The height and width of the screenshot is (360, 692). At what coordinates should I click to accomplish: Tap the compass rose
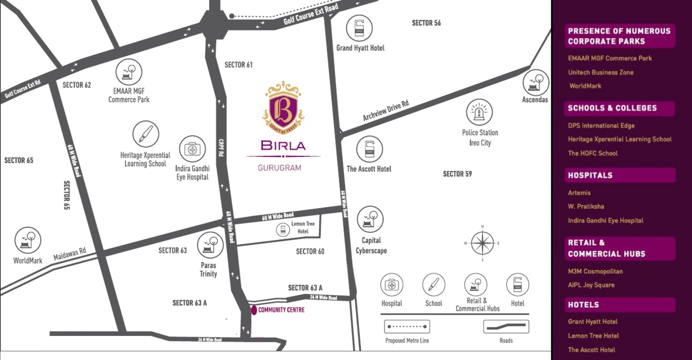click(x=482, y=243)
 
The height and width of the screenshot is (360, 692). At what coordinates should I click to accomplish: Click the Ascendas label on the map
click(x=535, y=100)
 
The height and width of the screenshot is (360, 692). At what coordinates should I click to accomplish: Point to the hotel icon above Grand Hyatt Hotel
click(x=359, y=28)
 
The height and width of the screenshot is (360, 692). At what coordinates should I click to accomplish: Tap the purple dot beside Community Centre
click(x=254, y=310)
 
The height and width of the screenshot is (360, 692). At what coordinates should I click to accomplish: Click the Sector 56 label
click(x=426, y=23)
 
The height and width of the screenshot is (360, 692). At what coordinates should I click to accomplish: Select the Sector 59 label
click(x=457, y=174)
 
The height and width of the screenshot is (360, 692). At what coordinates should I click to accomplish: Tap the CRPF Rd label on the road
click(x=221, y=148)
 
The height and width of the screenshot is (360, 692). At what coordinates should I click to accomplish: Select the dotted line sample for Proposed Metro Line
click(x=407, y=326)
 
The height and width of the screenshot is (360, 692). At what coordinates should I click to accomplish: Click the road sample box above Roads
click(x=506, y=326)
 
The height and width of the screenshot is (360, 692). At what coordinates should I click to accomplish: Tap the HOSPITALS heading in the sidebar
click(x=590, y=175)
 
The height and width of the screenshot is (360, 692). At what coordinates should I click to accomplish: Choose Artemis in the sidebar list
click(x=579, y=193)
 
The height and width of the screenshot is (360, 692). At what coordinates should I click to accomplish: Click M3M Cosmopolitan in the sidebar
click(x=595, y=271)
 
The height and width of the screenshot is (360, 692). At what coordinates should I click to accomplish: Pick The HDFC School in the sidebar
click(x=593, y=153)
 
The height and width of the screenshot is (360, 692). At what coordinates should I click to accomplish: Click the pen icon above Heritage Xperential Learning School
click(x=145, y=134)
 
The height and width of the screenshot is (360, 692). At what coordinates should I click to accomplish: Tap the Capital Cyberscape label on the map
click(x=371, y=246)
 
